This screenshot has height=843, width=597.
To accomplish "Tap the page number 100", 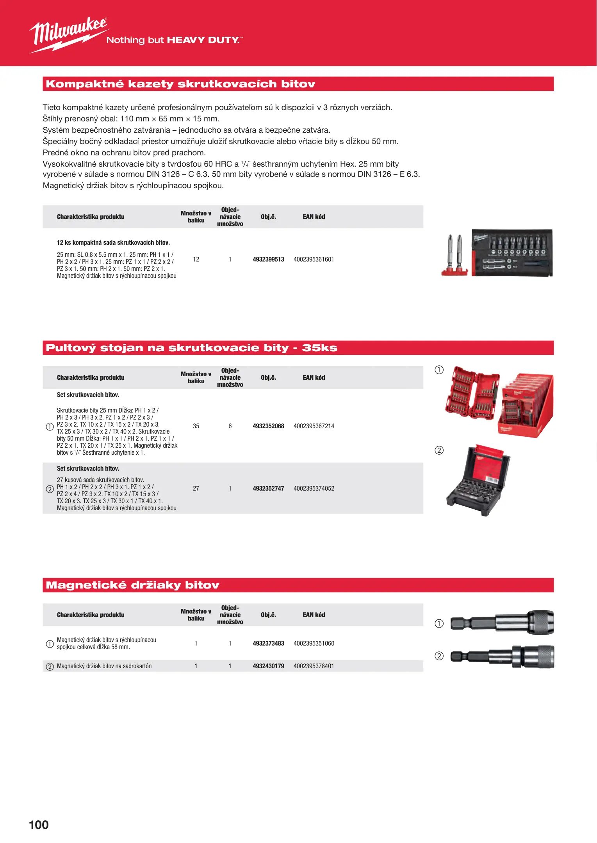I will click(x=39, y=825).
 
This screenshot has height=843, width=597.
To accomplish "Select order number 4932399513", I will click(x=268, y=260).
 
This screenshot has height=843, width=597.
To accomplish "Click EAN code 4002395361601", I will click(x=314, y=260).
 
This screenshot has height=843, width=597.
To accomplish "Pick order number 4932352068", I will click(x=268, y=426).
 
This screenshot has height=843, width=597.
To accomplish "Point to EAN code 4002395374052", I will click(x=314, y=489).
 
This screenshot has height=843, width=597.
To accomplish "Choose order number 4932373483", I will click(x=268, y=644).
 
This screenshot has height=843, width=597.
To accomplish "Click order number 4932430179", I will click(x=268, y=666).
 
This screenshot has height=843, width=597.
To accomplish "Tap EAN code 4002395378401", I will click(x=314, y=666).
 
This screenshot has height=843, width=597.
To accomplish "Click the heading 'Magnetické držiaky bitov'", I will click(x=132, y=585).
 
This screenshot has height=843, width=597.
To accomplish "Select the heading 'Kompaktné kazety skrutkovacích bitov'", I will click(x=180, y=84).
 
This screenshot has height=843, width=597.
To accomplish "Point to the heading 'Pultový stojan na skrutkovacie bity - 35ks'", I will click(x=191, y=348).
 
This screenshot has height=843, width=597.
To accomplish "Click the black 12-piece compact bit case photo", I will click(x=512, y=253).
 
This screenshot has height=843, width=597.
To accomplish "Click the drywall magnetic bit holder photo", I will click(x=502, y=656).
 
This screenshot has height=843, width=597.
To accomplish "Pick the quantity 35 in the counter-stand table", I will click(x=196, y=426).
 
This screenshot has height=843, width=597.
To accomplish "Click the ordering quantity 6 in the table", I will click(x=230, y=426).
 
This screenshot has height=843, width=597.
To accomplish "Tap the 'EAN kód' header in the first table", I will click(x=314, y=217).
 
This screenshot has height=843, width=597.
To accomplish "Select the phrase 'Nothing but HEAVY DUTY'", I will click(x=174, y=40).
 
